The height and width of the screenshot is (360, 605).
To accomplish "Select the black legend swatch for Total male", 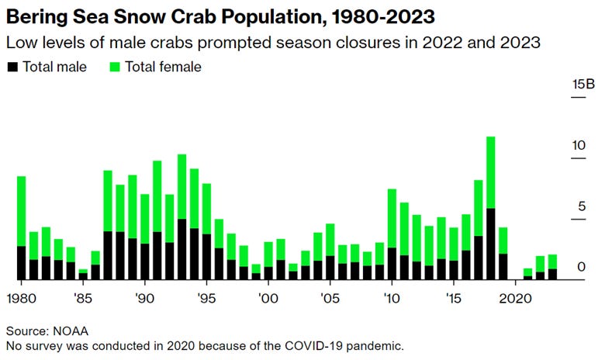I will [x=12, y=67].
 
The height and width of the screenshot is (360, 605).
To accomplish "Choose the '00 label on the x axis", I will [x=268, y=297].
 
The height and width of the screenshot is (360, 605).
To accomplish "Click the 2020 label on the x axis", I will [x=516, y=297].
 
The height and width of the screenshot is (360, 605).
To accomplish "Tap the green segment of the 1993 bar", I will [x=181, y=186].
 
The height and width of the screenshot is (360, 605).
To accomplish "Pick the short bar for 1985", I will [x=83, y=274].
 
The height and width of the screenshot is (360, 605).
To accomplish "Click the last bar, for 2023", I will [x=552, y=268].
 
